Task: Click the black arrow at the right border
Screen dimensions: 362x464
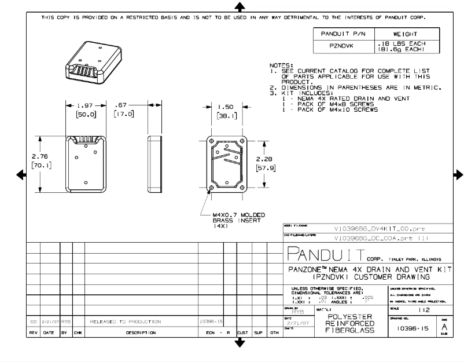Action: click(458, 175)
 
